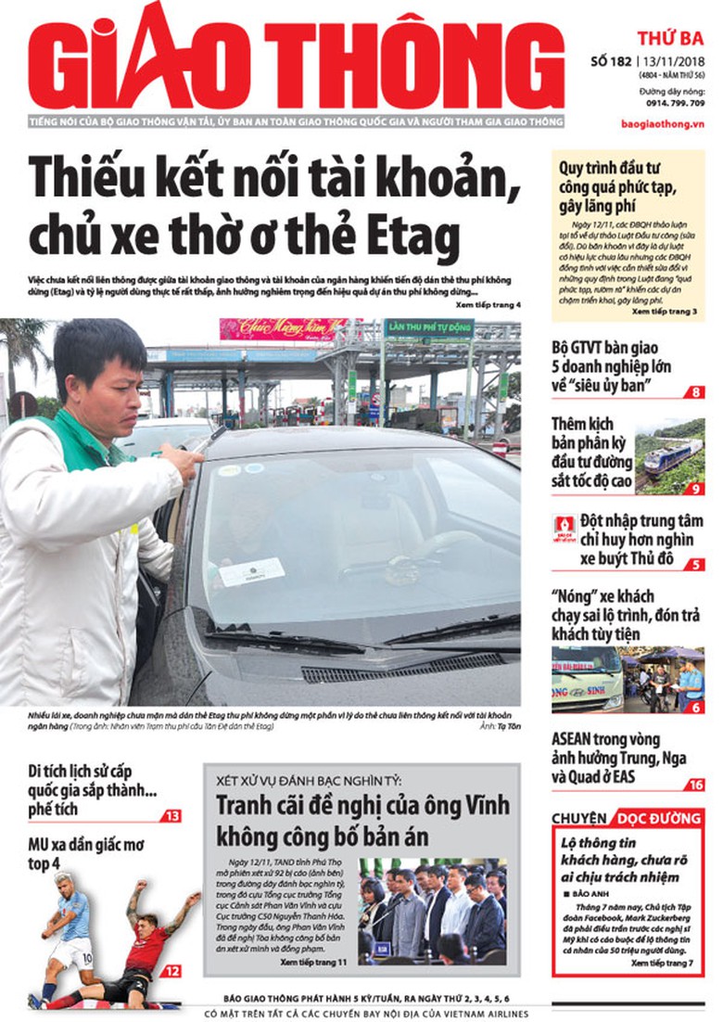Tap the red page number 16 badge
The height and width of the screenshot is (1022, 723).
pyautogui.click(x=696, y=785)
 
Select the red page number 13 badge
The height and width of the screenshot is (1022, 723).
pyautogui.click(x=171, y=816)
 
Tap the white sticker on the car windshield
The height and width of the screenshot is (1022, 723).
pyautogui.click(x=251, y=570)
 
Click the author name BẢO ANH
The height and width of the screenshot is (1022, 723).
pyautogui.click(x=590, y=893)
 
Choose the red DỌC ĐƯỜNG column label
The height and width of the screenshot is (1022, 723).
pyautogui.click(x=657, y=818)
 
